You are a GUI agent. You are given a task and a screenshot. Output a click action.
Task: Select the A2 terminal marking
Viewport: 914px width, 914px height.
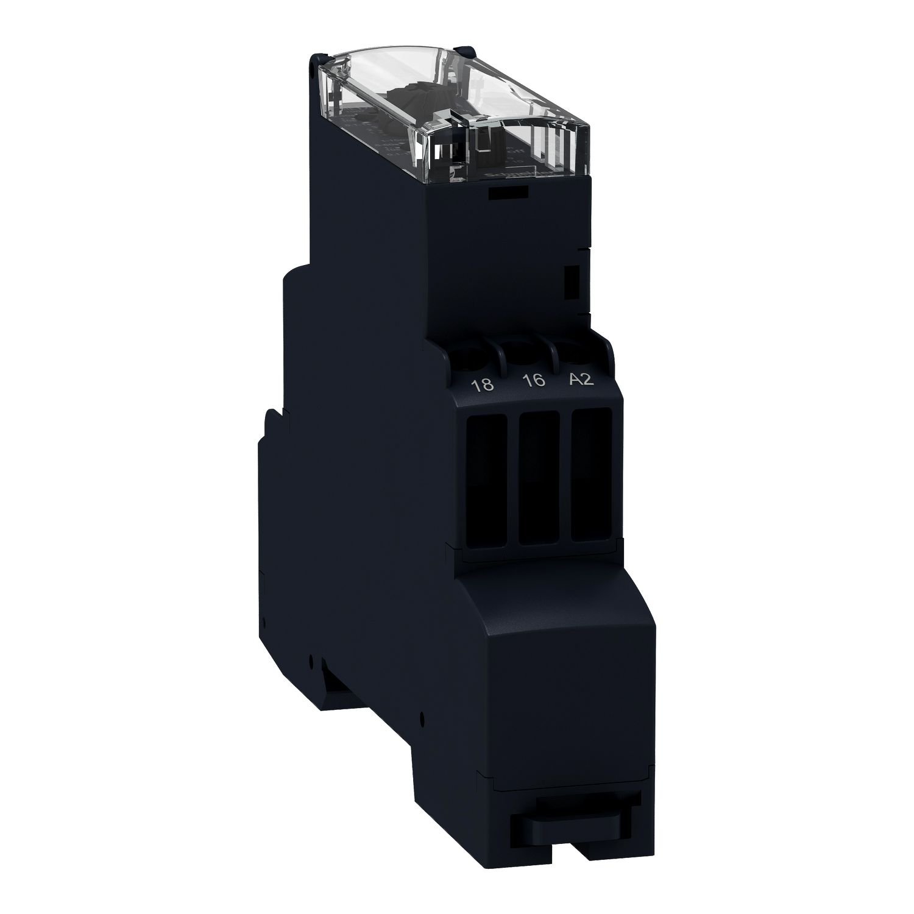[580, 379]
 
